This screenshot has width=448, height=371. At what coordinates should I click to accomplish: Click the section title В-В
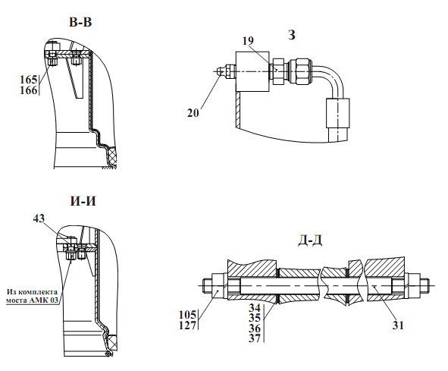80,22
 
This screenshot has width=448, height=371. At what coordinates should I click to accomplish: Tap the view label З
291,35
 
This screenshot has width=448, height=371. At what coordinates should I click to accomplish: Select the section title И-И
83,201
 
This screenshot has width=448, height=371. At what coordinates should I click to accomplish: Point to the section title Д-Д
310,241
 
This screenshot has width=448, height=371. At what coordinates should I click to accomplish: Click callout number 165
29,80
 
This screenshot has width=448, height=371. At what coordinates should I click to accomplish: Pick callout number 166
29,90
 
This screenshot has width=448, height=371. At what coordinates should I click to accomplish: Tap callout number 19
248,41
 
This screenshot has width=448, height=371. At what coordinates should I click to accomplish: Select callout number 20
193,113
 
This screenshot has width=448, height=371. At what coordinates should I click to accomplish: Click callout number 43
39,219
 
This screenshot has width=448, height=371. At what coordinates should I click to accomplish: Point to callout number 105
187,315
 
